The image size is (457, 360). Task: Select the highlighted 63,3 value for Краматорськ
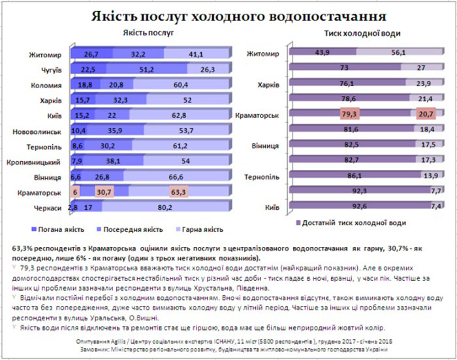(177, 193)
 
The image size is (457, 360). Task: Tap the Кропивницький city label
(39, 161)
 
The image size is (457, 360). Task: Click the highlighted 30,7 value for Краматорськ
(104, 193)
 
